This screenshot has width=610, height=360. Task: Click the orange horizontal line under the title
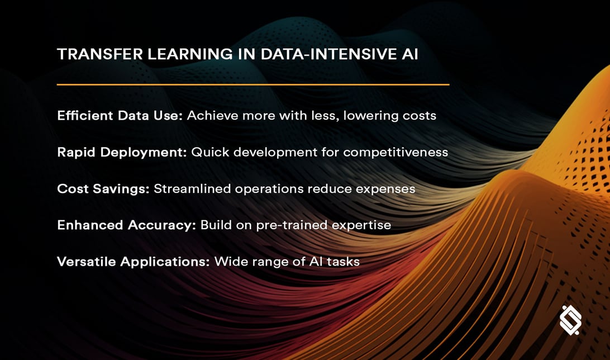253,84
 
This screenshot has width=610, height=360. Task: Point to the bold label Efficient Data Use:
120,116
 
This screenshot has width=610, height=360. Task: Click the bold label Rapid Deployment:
122,152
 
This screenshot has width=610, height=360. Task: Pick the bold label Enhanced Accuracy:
126,225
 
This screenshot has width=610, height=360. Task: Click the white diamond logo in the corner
570,320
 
